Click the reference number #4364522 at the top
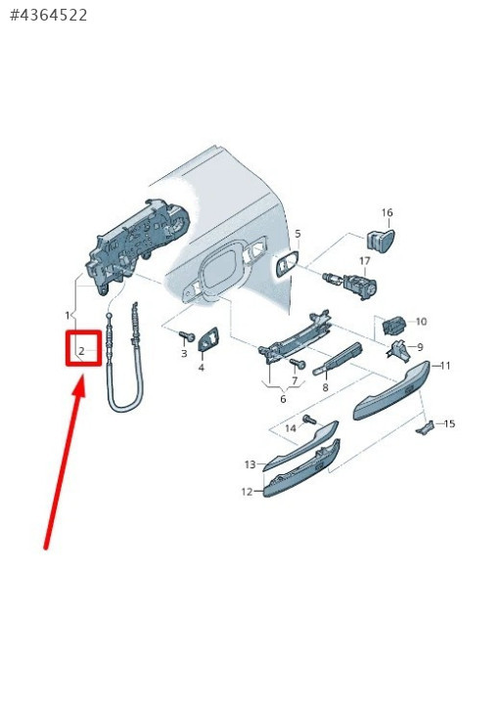(49, 16)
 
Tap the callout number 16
(387, 212)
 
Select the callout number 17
(365, 261)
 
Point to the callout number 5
(298, 234)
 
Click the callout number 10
(421, 322)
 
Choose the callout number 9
(420, 347)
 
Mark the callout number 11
(444, 366)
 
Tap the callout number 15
(449, 423)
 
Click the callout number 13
(251, 464)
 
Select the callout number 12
(247, 492)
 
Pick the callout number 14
(291, 428)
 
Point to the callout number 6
(283, 399)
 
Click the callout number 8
(325, 387)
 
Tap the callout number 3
(184, 353)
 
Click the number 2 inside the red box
(81, 351)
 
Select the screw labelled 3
(186, 335)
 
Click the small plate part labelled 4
(208, 340)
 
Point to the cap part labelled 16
(381, 241)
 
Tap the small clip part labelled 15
(425, 427)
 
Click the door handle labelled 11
(390, 390)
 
